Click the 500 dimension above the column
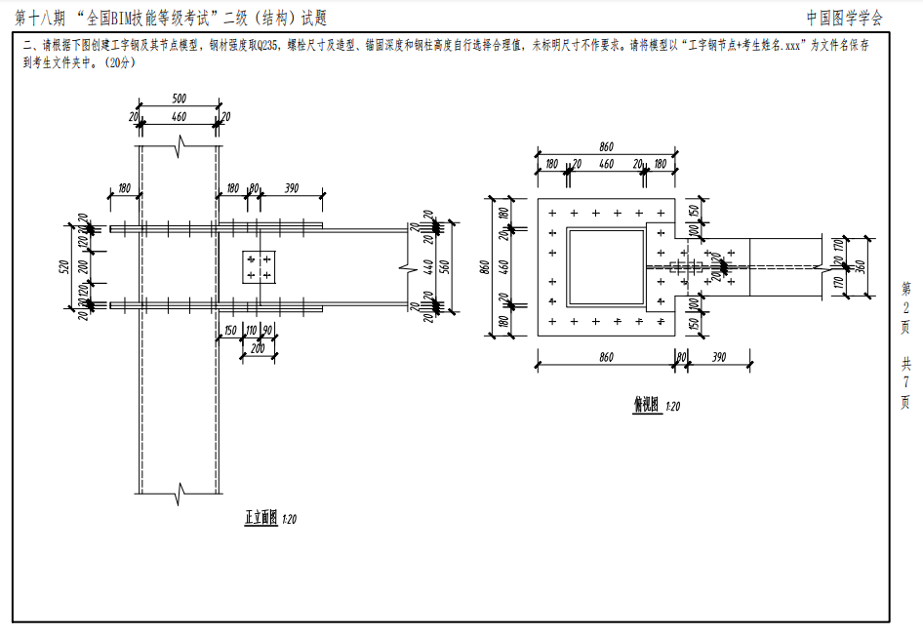click(x=180, y=99)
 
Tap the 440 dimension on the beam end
click(x=426, y=267)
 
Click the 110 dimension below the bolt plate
click(x=250, y=331)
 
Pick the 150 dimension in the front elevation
click(x=229, y=331)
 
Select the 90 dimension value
click(x=268, y=331)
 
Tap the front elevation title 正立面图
click(x=261, y=518)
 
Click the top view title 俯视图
click(x=646, y=405)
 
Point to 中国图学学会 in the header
click(x=845, y=18)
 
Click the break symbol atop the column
click(x=180, y=148)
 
